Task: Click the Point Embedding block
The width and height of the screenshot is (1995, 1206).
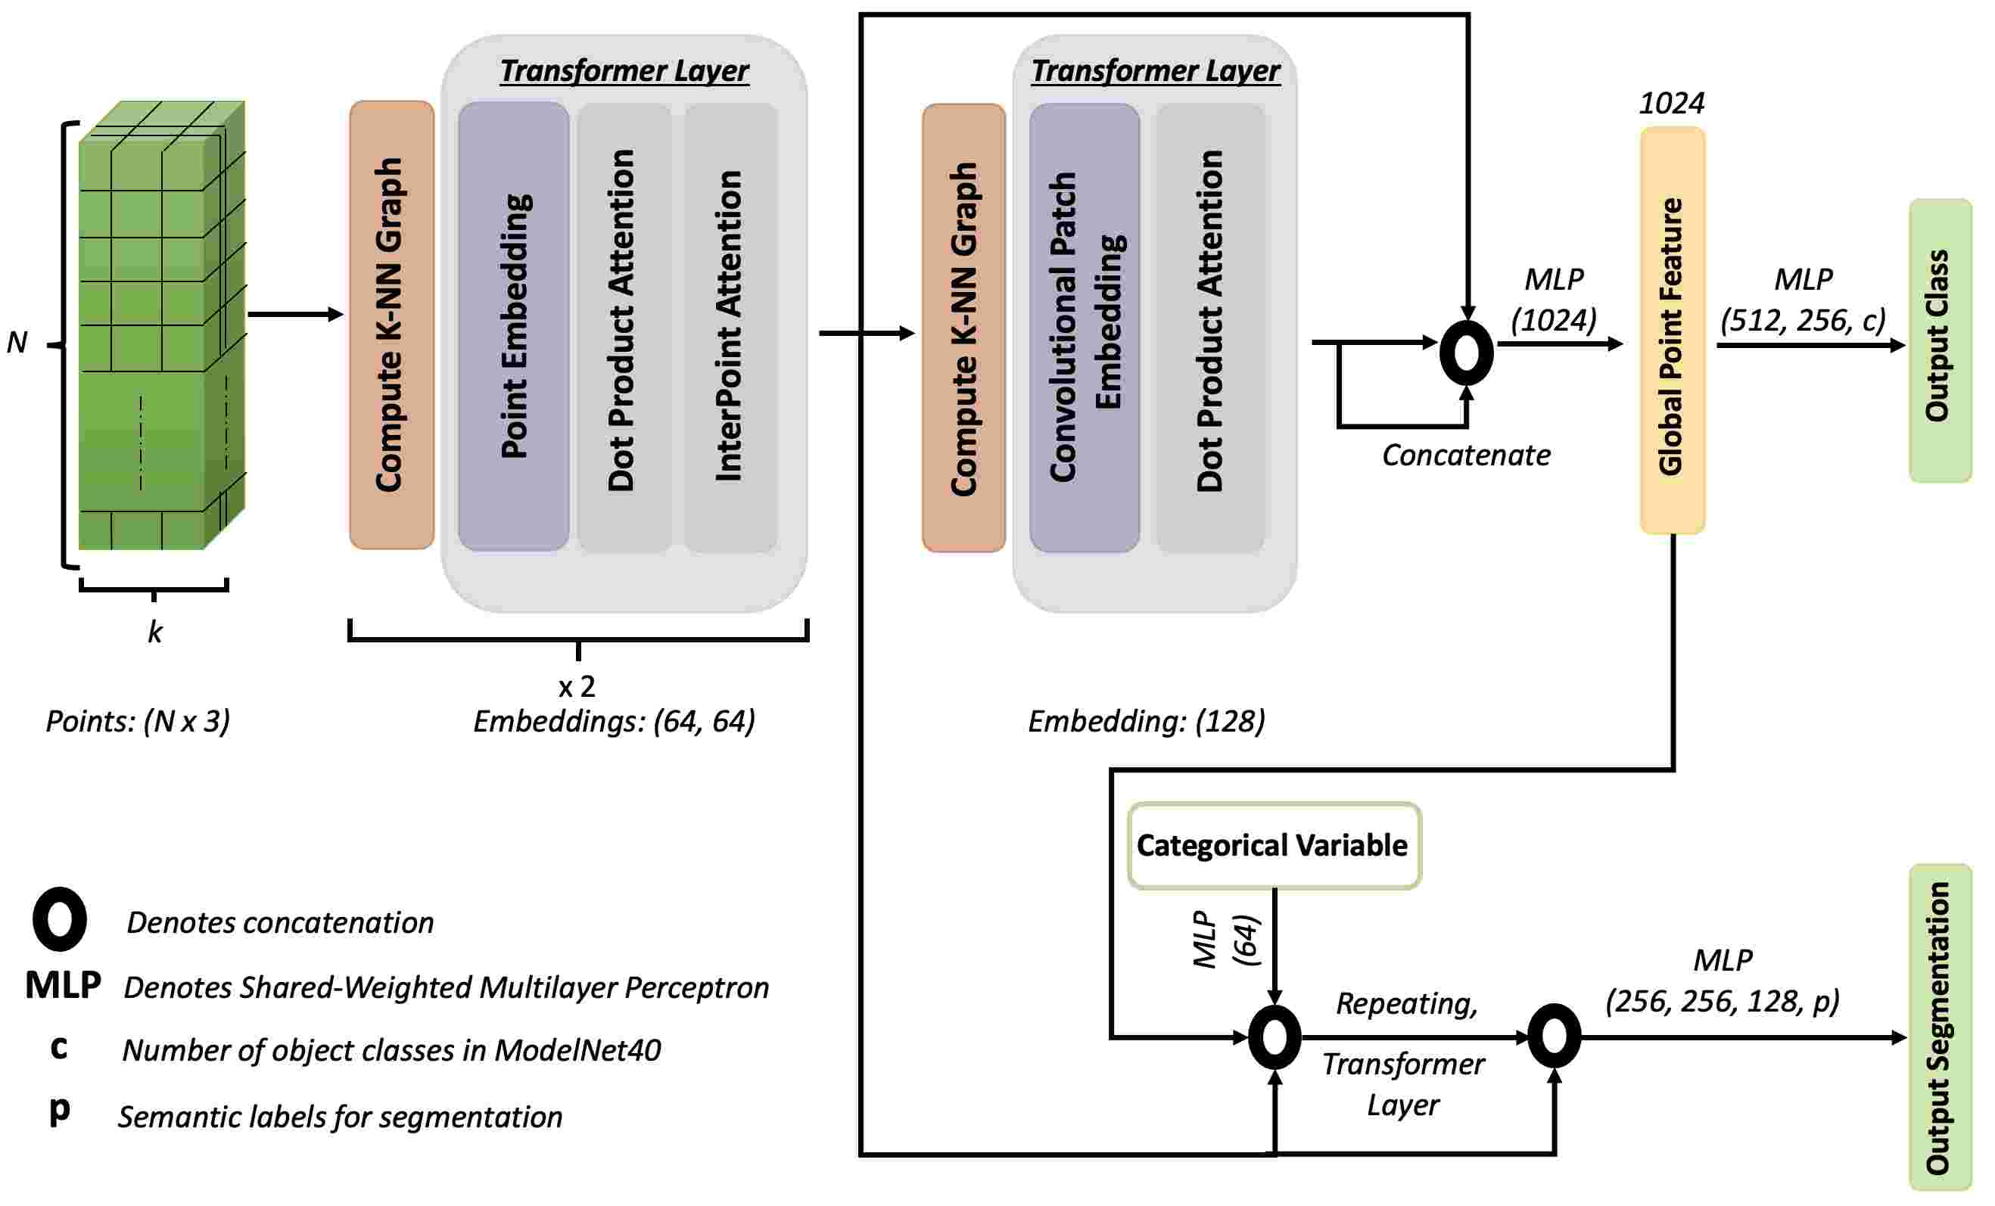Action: click(513, 326)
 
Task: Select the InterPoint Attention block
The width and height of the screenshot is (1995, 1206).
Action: click(730, 326)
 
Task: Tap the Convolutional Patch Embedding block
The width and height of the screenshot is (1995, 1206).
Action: click(1084, 328)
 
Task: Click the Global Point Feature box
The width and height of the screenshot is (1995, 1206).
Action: click(1672, 330)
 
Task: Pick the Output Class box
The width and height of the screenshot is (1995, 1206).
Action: click(1939, 340)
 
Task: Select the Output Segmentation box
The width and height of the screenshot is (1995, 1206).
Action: click(1939, 1027)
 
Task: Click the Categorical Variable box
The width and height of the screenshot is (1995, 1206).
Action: click(1274, 846)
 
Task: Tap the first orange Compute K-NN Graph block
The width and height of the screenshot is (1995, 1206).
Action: click(391, 325)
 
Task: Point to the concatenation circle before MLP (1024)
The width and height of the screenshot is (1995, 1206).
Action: click(1466, 353)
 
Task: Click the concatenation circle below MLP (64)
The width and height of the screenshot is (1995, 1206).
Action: click(1274, 1037)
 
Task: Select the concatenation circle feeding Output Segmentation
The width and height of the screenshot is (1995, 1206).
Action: click(1554, 1036)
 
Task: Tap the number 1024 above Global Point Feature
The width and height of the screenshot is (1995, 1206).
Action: click(1671, 104)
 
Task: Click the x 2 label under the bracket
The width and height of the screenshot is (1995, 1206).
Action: click(577, 687)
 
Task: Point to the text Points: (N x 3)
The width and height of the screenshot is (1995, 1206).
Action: click(138, 721)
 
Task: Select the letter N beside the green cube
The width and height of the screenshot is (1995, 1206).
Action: click(17, 343)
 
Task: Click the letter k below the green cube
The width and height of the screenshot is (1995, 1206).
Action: click(154, 633)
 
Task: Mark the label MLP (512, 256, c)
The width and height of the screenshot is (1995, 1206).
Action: click(1802, 300)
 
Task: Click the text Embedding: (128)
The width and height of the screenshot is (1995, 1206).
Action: click(1146, 721)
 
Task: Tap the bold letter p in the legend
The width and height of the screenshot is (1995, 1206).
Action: click(59, 1110)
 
